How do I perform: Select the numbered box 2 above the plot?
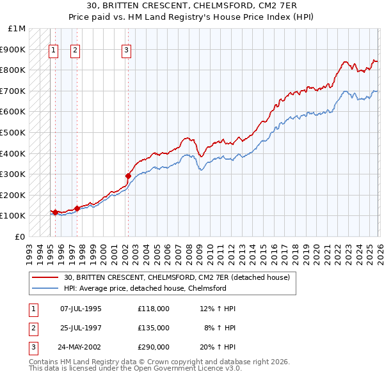75,50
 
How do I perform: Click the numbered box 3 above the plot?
127,50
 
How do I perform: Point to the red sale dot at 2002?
128,176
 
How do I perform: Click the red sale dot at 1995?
55,212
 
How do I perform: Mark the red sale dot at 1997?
77,208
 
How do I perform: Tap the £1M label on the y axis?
17,29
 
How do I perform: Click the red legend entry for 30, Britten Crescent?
177,277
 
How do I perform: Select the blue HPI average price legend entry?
145,288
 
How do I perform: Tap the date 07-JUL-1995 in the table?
81,309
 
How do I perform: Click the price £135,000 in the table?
153,328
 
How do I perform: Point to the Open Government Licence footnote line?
135,369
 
